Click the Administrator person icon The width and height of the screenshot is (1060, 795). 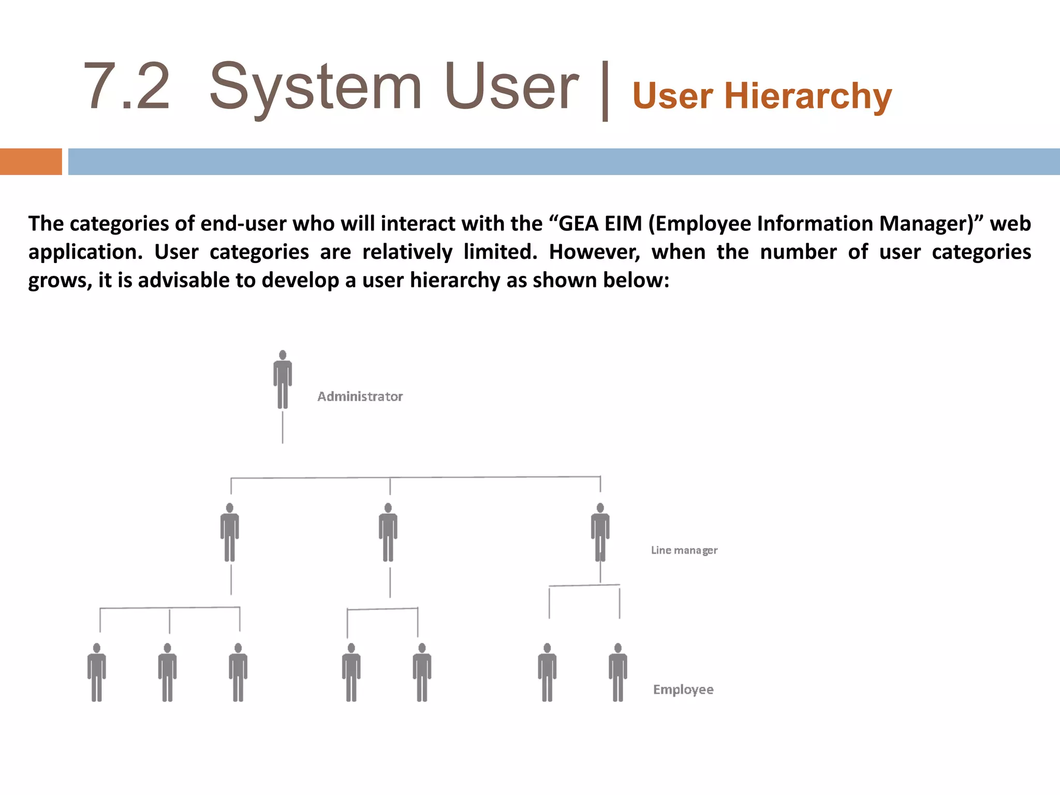[x=283, y=379]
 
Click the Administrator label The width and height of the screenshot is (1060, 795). [x=360, y=396]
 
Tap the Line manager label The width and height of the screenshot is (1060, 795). [x=684, y=550]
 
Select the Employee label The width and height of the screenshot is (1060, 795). [x=683, y=689]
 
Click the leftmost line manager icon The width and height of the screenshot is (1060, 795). [x=230, y=532]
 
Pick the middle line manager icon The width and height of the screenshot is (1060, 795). [x=388, y=532]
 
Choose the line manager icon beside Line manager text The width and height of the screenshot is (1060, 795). [x=600, y=532]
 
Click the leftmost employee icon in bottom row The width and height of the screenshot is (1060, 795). [x=97, y=672]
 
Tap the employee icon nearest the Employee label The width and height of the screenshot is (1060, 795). [x=618, y=672]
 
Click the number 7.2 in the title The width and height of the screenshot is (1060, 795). [x=127, y=86]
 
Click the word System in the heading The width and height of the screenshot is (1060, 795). [x=316, y=86]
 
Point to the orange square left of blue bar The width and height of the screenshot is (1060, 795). [x=31, y=161]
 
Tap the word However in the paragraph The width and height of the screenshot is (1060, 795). [x=594, y=252]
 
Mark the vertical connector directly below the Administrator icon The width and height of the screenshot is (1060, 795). [x=283, y=427]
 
